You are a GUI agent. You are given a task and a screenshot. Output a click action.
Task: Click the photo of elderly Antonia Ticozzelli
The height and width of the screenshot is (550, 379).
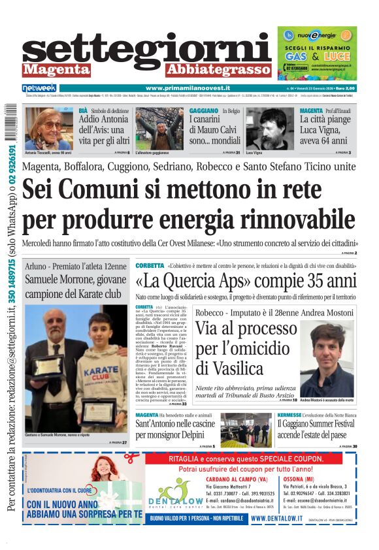point(49,128)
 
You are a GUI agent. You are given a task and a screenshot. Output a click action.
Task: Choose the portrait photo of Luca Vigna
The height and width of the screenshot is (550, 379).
point(270,128)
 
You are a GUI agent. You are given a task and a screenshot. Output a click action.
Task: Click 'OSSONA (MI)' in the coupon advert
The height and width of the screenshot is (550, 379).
point(303,477)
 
